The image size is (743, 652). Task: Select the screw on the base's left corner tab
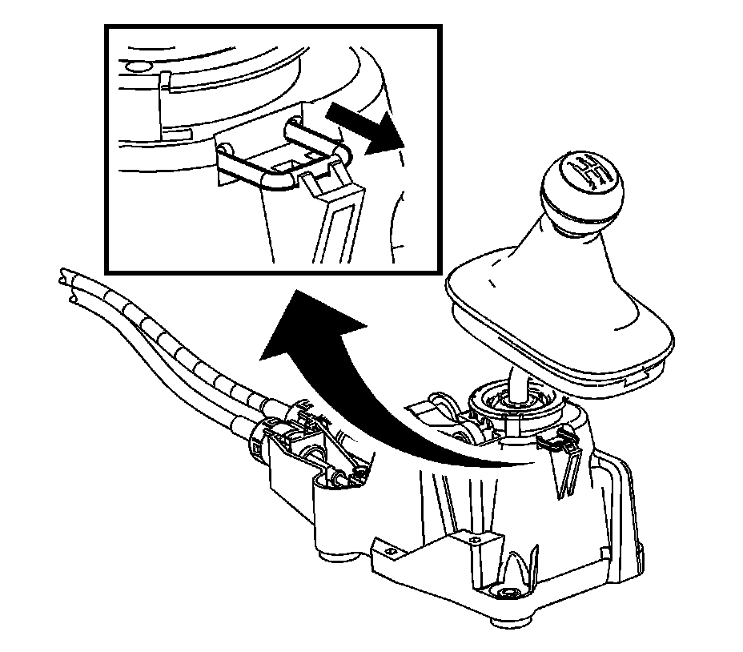(391, 550)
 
